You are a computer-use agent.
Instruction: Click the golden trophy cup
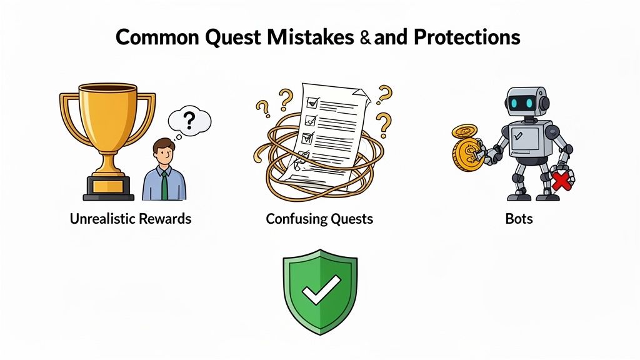pos(107,119)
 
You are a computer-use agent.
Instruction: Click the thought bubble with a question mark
pos(190,119)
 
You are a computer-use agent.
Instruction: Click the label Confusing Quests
pos(319,219)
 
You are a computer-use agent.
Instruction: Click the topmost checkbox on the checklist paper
pos(309,99)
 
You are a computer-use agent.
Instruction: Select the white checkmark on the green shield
pos(319,289)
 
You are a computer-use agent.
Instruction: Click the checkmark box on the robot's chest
pos(517,134)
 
